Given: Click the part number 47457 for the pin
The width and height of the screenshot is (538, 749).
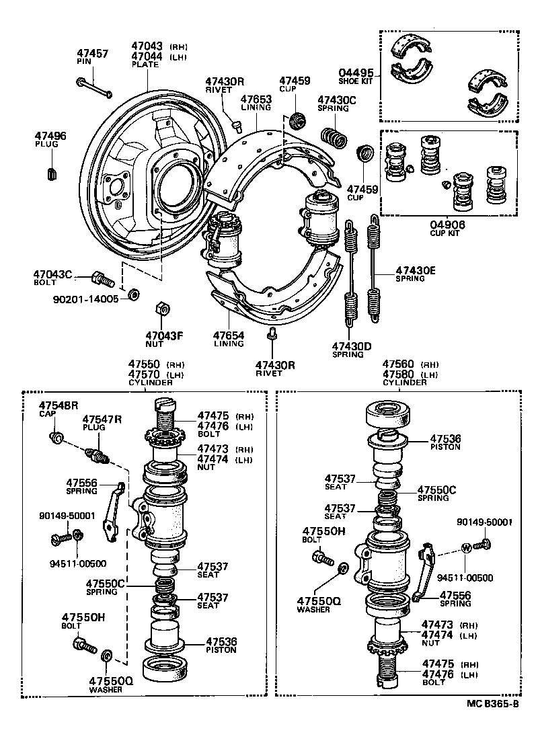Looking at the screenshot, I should click(93, 53).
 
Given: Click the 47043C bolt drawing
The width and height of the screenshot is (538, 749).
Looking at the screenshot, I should click(101, 276).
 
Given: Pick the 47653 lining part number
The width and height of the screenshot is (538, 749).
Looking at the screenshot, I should click(256, 100).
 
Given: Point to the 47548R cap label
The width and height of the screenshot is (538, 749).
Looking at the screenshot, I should click(59, 405).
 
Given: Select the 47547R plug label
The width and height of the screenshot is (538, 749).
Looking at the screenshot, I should click(102, 419).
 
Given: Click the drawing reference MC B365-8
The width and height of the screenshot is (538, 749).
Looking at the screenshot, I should click(492, 705).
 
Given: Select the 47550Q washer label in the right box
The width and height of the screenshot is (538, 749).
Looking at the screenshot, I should click(319, 601).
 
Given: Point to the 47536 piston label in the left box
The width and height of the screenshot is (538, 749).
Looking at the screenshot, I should click(221, 641).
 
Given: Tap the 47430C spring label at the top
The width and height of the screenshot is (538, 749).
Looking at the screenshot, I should click(336, 100).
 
